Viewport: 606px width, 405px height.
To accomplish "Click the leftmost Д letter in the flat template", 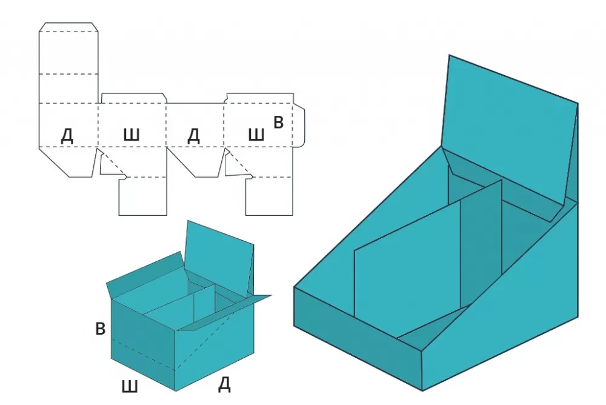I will (x=67, y=136).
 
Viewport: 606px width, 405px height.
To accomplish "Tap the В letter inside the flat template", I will (x=278, y=122).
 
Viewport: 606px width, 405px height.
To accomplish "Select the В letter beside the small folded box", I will (x=101, y=329).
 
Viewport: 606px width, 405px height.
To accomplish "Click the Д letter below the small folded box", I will (x=224, y=384).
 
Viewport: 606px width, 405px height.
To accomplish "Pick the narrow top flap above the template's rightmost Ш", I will (x=259, y=98).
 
